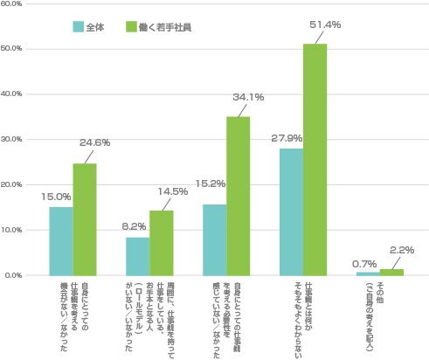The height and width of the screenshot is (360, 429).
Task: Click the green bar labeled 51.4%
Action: (x=315, y=160)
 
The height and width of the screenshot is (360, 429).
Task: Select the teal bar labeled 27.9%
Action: (x=291, y=212)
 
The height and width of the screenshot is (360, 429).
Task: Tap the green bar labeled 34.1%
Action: (x=238, y=196)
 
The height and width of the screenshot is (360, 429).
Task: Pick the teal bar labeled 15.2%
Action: (x=214, y=240)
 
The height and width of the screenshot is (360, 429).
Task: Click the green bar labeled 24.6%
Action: (x=84, y=219)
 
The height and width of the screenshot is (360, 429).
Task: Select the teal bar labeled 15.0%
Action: (x=60, y=241)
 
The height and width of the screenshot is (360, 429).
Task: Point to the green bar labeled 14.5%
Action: (x=161, y=243)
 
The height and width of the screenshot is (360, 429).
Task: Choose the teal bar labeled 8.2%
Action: (x=137, y=256)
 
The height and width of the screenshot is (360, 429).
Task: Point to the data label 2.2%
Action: (x=403, y=250)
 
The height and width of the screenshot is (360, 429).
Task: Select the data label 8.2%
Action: (x=134, y=225)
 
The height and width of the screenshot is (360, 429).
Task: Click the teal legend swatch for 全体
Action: (x=78, y=27)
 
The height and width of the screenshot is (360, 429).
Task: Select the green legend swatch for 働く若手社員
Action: (x=131, y=27)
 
